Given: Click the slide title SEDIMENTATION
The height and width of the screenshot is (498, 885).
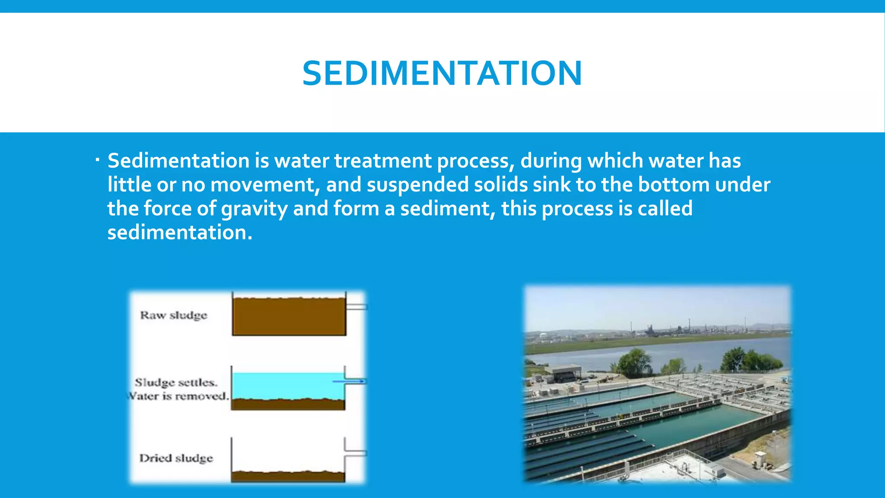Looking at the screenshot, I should coord(442,73).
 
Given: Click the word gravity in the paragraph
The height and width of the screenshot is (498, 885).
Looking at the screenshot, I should coord(254,209).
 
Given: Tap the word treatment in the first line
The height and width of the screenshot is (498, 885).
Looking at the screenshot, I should coord(382,161).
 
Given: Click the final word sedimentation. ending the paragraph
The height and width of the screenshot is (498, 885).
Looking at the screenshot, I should coord(179,233).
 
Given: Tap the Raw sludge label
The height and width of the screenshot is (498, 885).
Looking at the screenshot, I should coord(173,315).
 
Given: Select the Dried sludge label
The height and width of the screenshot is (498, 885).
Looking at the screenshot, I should coord(176,458).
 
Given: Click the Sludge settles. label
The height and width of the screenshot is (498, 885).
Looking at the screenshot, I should coord(176,383).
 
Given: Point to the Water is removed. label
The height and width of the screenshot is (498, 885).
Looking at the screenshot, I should coord(178,396).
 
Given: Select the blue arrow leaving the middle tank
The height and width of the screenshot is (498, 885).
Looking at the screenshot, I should coord(349,381).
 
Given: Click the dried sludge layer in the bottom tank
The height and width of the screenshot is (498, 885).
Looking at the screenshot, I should coord(287,476).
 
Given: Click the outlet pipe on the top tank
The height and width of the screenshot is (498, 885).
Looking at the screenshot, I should coord(357,307).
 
